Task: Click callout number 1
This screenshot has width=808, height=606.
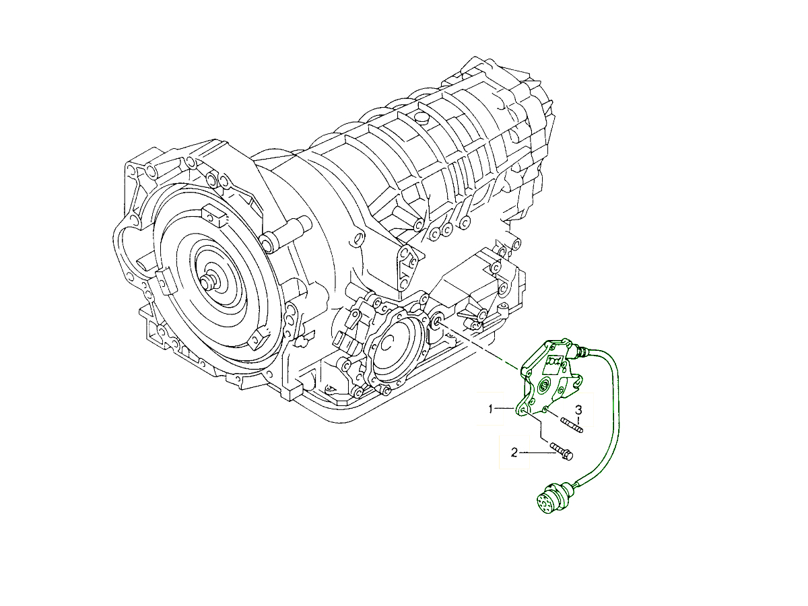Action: point(490,409)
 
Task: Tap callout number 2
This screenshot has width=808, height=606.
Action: point(514,452)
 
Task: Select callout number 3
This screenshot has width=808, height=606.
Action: point(578,409)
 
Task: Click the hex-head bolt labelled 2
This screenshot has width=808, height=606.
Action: point(562,451)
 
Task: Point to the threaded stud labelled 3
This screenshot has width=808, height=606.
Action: point(572,426)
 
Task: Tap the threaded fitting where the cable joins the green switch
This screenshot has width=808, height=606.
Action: point(580,351)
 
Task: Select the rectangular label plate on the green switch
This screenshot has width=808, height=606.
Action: point(554,362)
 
